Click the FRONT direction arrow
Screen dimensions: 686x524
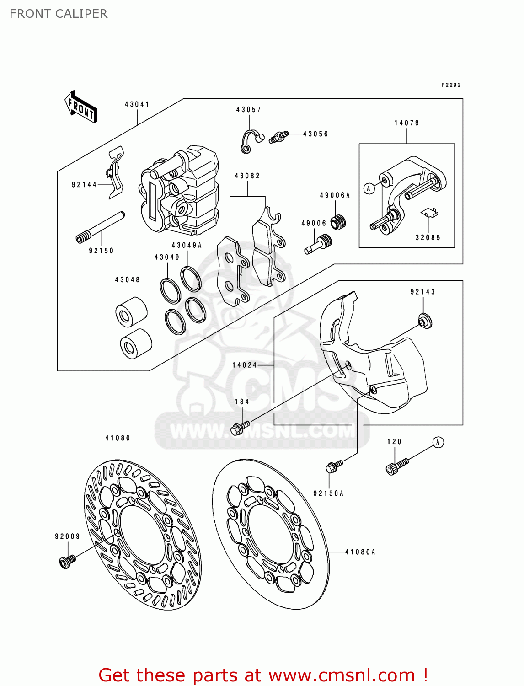point(81,107)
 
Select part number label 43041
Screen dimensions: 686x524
point(137,104)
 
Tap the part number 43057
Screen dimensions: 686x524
point(249,110)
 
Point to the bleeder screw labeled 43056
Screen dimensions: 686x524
point(278,136)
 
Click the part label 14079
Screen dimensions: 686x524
point(406,123)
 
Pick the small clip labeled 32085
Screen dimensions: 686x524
point(429,213)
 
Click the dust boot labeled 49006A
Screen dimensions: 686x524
point(338,222)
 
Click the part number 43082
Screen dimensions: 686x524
point(247,176)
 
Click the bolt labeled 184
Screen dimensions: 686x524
point(240,429)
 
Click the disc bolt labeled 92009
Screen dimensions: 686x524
point(67,561)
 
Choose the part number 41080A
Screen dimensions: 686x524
point(360,552)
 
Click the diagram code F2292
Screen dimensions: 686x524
point(451,85)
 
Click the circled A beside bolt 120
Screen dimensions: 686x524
point(438,442)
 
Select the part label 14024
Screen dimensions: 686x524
point(245,365)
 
